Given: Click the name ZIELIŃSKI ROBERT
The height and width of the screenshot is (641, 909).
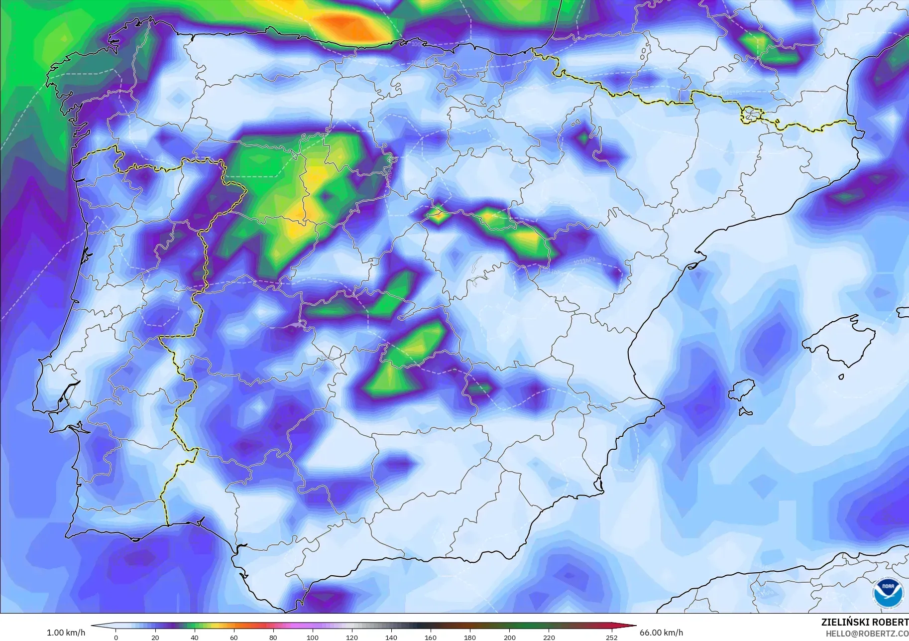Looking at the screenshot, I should (x=865, y=623).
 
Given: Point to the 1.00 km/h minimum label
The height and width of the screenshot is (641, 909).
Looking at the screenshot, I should (x=66, y=633).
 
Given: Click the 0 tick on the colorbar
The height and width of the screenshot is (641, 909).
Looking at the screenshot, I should (x=116, y=638).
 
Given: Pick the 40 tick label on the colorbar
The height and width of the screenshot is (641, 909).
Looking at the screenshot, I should (x=195, y=638).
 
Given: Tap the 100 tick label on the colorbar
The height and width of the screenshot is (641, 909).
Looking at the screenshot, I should (x=312, y=638).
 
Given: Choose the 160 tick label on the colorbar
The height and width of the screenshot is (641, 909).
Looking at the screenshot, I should (x=431, y=638).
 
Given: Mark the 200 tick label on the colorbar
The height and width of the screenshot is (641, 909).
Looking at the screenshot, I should (x=509, y=638).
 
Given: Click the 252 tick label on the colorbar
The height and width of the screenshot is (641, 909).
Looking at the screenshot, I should (x=611, y=638).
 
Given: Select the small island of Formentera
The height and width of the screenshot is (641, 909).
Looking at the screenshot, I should (x=745, y=412).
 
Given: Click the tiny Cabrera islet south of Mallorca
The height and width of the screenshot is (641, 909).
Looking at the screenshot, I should (x=841, y=377).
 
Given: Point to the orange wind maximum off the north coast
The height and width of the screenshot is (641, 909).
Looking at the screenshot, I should (x=343, y=25).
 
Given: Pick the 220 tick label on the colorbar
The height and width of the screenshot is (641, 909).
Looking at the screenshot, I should (x=549, y=638).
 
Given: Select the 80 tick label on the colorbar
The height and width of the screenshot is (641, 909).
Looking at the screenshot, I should (x=273, y=638).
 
